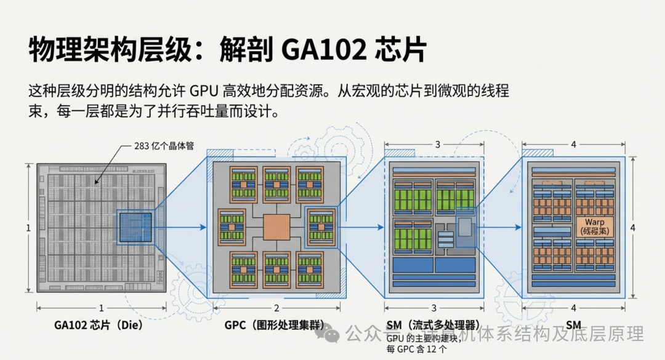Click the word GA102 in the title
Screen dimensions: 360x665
[323, 49]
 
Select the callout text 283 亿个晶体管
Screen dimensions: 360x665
[164, 146]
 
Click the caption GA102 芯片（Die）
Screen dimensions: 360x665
[99, 325]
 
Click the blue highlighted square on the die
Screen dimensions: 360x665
[135, 228]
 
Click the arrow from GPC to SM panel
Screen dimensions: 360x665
[359, 228]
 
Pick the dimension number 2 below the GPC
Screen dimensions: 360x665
[276, 308]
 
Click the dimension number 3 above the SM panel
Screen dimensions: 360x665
[437, 145]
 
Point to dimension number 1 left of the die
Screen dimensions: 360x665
[28, 228]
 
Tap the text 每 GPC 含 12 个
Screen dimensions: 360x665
[417, 350]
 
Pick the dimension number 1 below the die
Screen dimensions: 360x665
[101, 308]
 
